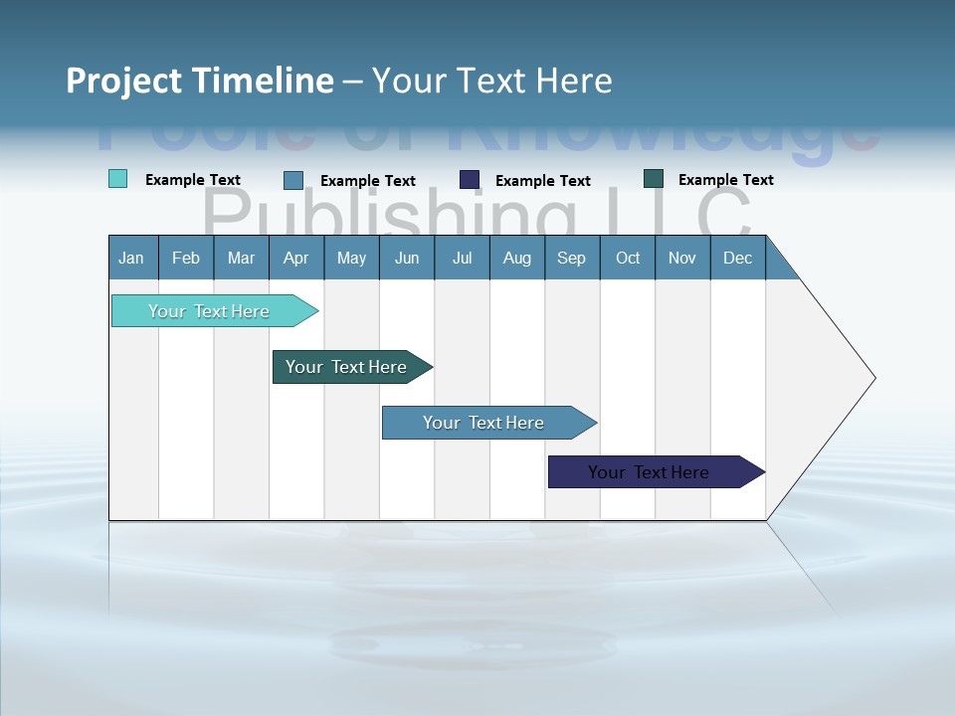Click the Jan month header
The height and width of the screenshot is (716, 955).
132,258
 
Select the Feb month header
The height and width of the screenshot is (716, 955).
186,258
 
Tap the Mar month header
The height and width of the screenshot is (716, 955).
241,258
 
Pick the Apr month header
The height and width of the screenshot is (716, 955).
296,258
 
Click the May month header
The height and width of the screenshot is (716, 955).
351,258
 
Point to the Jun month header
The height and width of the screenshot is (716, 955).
407,258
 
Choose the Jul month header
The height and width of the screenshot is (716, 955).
462,258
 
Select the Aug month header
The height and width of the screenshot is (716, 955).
517,258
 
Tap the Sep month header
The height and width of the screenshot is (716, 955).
572,258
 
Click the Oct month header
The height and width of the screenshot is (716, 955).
628,258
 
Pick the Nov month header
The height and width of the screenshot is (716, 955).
682,258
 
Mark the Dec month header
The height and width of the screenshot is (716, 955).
738,258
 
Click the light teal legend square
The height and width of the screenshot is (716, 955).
118,179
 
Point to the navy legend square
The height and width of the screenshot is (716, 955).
470,180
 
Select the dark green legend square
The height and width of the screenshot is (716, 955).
654,179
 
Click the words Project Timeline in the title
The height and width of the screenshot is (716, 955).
200,81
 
